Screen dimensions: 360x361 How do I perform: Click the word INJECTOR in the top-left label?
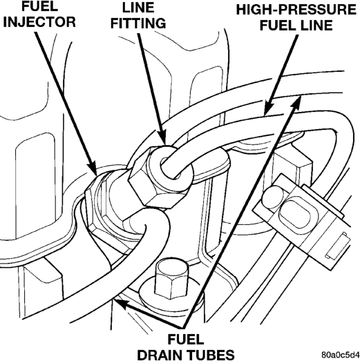[x=39, y=22]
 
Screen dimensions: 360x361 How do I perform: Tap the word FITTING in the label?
[x=138, y=23]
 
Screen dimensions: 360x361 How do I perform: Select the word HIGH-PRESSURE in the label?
[x=296, y=10]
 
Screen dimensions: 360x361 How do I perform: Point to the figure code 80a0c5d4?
[x=341, y=354]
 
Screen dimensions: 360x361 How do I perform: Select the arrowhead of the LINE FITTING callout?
[x=162, y=137]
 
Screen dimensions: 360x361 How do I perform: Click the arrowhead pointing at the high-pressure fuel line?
[x=268, y=108]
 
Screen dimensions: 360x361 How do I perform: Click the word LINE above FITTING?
[x=138, y=8]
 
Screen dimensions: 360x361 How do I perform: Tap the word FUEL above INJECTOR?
[x=39, y=6]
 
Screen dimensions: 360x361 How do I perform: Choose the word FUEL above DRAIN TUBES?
[x=186, y=340]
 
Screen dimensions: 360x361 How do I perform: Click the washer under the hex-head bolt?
[x=171, y=296]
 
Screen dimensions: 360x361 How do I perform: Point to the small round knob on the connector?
[x=272, y=196]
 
